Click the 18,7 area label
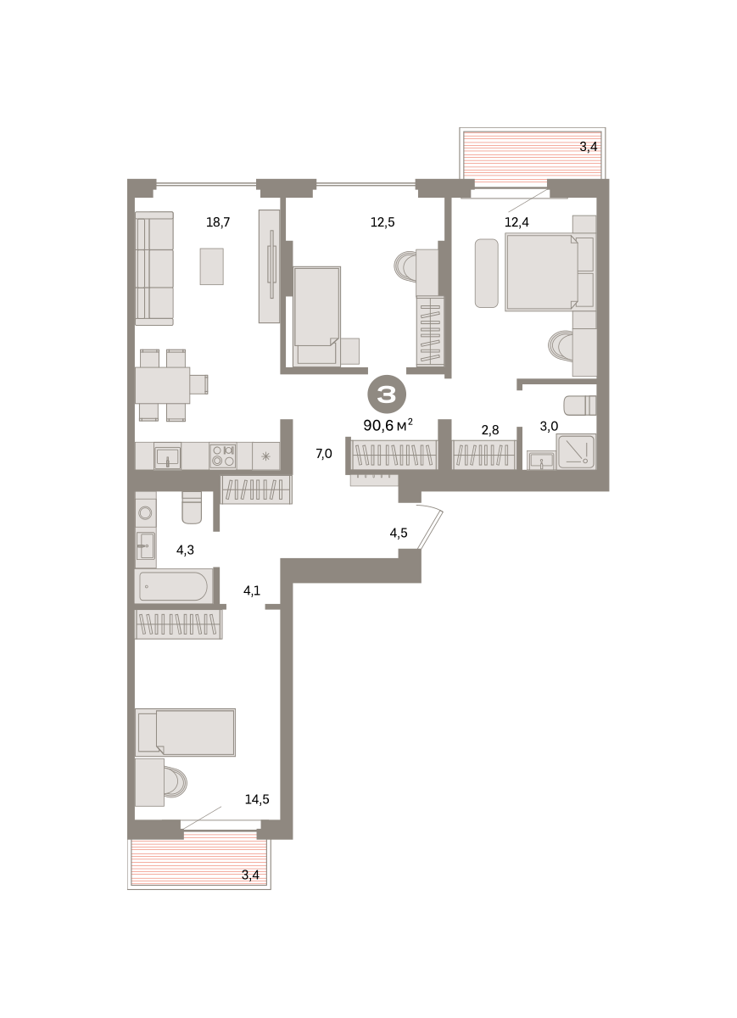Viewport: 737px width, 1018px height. (218, 222)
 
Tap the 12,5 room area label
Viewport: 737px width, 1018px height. (382, 222)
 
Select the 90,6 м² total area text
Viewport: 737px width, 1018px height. (388, 425)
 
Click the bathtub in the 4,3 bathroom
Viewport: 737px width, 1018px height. (174, 586)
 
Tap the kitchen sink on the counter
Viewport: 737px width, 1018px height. (167, 456)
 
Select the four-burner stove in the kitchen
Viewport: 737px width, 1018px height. (223, 456)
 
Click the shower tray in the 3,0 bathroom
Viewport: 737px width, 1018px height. (576, 451)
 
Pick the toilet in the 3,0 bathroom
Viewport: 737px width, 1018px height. (579, 405)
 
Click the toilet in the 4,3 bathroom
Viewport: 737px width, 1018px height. (192, 507)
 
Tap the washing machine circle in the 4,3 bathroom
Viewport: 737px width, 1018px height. (145, 513)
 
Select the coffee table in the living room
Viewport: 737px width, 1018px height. (212, 266)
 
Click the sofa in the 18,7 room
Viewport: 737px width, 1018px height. (154, 269)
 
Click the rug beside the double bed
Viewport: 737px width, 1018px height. (487, 273)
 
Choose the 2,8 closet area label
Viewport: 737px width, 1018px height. (490, 430)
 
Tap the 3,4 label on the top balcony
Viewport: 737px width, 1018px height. (589, 147)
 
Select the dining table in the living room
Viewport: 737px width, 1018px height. (163, 385)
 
